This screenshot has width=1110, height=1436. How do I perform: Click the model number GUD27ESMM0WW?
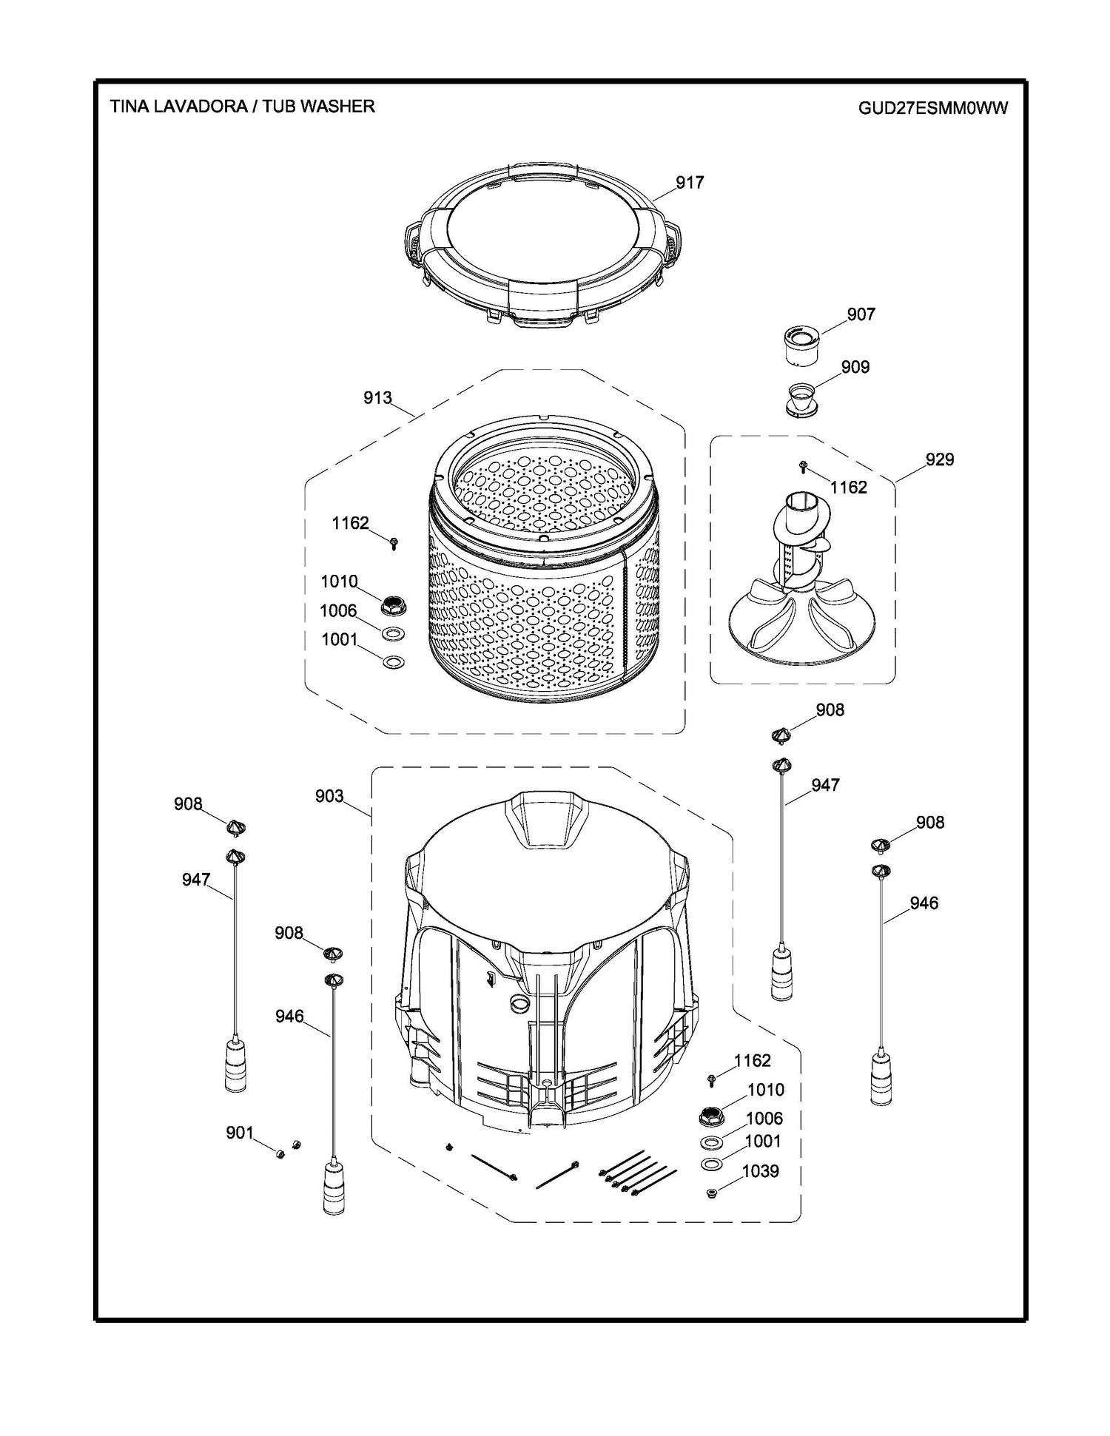(932, 108)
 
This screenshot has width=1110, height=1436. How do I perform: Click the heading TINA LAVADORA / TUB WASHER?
(242, 107)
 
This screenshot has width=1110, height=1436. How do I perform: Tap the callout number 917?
(689, 182)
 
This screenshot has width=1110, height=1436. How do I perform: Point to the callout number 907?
(861, 314)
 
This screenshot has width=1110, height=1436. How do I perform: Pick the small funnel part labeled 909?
(801, 399)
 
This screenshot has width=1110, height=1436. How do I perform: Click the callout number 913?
(377, 398)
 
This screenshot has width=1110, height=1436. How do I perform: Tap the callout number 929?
(939, 459)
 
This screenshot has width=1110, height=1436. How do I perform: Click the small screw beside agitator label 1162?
(804, 466)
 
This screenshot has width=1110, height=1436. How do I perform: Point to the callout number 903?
(329, 796)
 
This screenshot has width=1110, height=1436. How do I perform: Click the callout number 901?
(239, 1133)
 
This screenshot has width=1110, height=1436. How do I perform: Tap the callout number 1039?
(760, 1171)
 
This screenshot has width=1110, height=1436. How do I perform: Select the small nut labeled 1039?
(713, 1193)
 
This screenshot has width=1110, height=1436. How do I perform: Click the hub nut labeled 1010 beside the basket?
(391, 605)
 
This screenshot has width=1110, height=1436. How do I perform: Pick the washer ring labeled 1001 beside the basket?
(394, 661)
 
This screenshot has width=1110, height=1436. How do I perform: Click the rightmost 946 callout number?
(924, 903)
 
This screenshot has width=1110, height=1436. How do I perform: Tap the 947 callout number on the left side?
(196, 880)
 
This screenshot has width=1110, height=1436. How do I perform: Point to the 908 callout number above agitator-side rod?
(830, 710)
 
